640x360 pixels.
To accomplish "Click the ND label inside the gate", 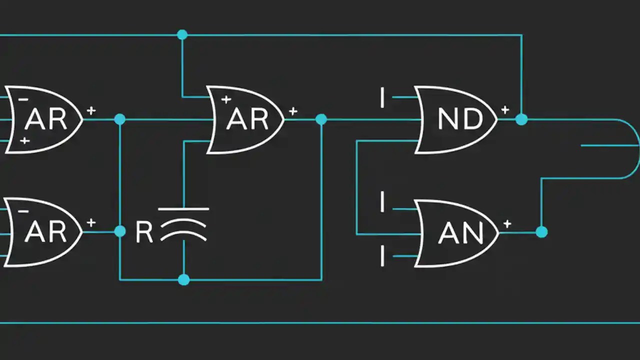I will pyautogui.click(x=460, y=119).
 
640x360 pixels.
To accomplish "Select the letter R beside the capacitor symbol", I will pyautogui.click(x=144, y=233).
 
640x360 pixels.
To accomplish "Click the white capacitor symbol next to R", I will pyautogui.click(x=183, y=224).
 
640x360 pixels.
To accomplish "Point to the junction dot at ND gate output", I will pyautogui.click(x=521, y=119).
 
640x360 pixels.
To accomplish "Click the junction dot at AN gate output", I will pyautogui.click(x=541, y=232).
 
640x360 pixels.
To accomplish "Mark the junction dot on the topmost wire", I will pyautogui.click(x=182, y=34).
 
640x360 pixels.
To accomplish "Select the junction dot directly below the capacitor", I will pyautogui.click(x=183, y=279).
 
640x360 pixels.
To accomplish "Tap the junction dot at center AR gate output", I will pyautogui.click(x=321, y=119).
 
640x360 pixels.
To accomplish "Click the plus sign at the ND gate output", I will pyautogui.click(x=505, y=109).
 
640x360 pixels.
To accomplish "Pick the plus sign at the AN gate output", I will pyautogui.click(x=507, y=224).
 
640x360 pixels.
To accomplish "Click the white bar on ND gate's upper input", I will pyautogui.click(x=382, y=97).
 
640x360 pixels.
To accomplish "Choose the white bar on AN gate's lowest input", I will pyautogui.click(x=382, y=256).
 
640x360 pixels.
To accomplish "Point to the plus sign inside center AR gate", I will pyautogui.click(x=226, y=99).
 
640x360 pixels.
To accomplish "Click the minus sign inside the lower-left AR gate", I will pyautogui.click(x=23, y=211).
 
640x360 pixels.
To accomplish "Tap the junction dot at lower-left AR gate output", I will pyautogui.click(x=119, y=231).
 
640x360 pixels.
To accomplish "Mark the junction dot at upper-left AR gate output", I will pyautogui.click(x=119, y=119).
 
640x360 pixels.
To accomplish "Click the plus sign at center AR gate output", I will pyautogui.click(x=293, y=110).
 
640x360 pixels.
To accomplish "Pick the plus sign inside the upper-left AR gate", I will pyautogui.click(x=24, y=141).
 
